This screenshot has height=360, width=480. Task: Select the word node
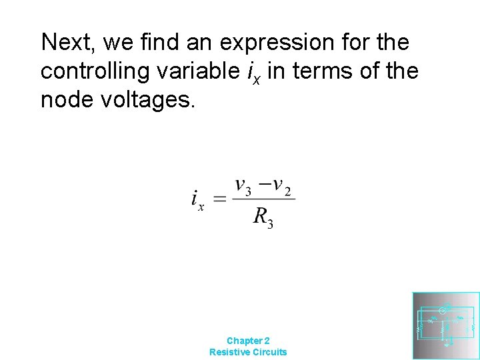65,99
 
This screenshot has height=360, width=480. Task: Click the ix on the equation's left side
197,199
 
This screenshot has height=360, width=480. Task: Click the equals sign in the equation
219,199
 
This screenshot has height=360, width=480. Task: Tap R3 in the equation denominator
263,217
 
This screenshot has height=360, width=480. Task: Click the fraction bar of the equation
263,199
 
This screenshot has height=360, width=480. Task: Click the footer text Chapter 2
248,340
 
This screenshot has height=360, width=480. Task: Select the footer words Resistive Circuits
248,352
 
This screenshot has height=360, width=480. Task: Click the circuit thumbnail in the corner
445,326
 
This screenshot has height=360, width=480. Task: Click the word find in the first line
155,42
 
